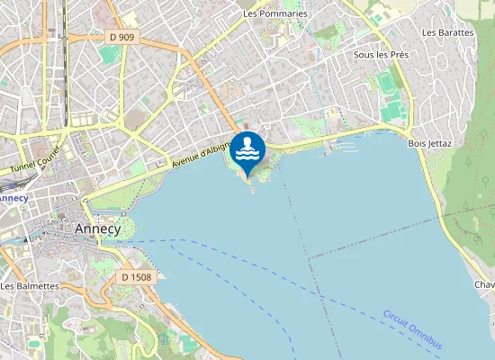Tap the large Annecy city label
97,229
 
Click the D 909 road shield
121,37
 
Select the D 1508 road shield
137,277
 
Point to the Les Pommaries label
275,14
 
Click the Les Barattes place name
447,32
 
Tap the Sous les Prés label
382,55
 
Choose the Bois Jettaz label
429,143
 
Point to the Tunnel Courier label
34,159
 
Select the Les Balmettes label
30,286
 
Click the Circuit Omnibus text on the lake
412,330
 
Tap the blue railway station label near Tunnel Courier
13,197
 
